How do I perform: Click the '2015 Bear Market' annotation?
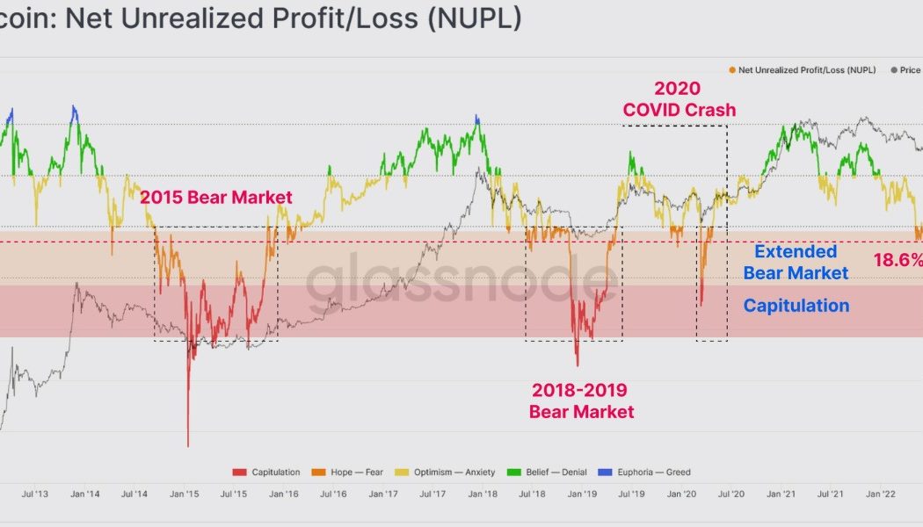[216, 198]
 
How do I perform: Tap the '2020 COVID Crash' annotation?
[679, 99]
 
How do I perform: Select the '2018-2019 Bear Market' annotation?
[581, 401]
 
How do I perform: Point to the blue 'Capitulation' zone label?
[796, 306]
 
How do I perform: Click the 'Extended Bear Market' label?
[796, 263]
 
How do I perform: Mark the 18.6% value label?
[897, 260]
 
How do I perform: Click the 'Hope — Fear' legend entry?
[349, 473]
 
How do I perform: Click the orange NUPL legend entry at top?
[802, 69]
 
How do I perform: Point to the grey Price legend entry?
[905, 69]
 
